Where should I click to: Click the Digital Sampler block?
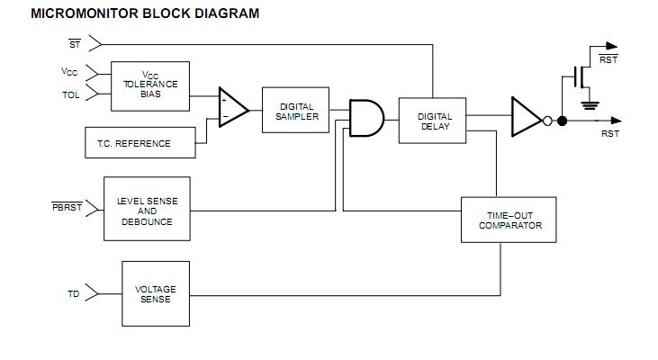coord(296,112)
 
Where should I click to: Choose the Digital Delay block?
coord(434,121)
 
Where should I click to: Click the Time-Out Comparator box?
coord(509,220)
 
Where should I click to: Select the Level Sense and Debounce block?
coord(147,211)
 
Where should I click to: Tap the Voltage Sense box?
coord(155,294)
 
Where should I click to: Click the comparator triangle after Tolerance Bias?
coord(233,106)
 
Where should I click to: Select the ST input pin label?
coord(75,41)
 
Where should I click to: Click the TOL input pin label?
coord(71,94)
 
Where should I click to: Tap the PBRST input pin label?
coord(67,208)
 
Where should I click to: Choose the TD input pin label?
coord(74,294)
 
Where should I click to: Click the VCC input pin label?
coord(69,71)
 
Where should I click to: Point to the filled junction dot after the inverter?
coord(562,120)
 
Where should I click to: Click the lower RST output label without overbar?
coord(609,133)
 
